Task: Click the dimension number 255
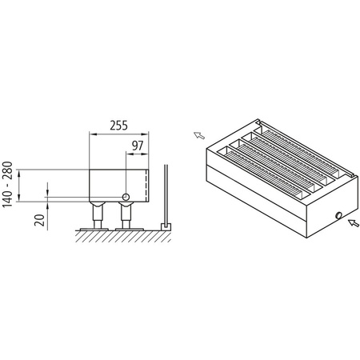(x=118, y=126)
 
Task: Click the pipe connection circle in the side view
(x=126, y=197)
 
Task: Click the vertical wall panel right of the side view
(x=165, y=196)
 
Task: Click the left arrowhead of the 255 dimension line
(x=90, y=134)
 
